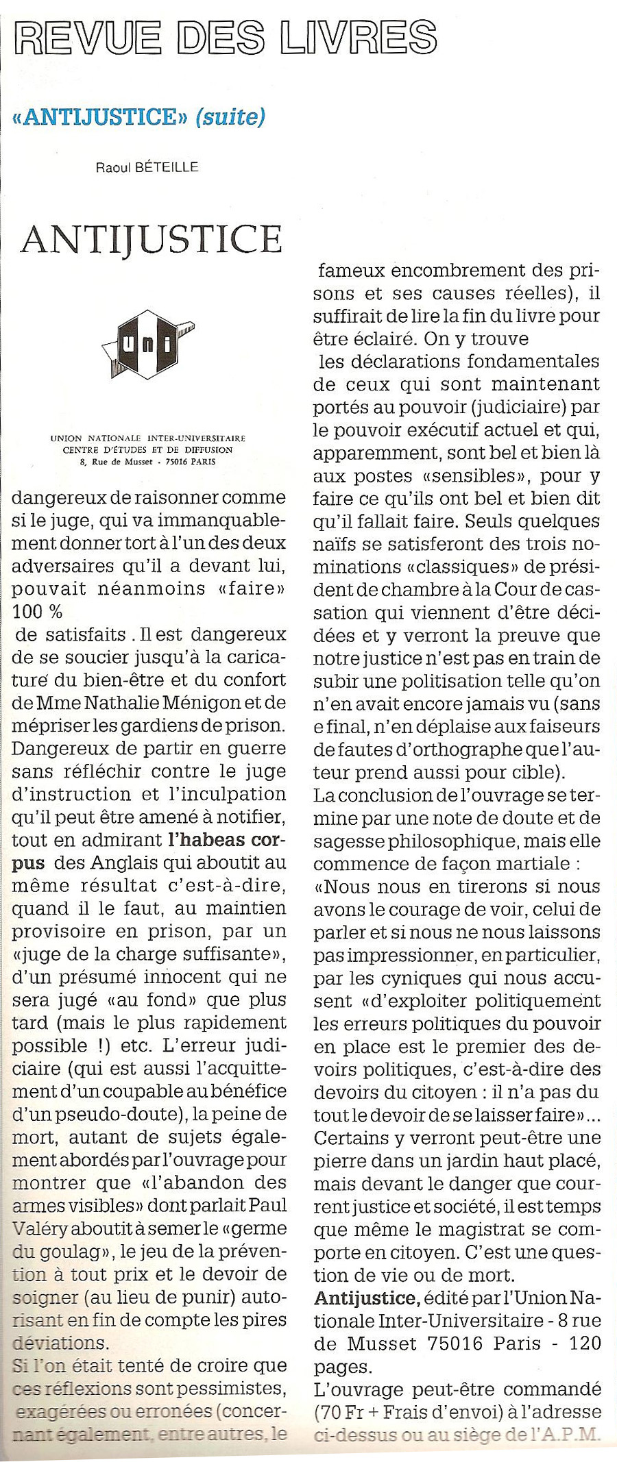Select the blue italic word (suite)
click(x=230, y=117)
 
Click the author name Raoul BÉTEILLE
click(x=147, y=166)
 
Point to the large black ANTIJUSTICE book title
click(x=152, y=238)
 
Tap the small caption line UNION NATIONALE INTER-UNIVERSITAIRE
click(x=148, y=438)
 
